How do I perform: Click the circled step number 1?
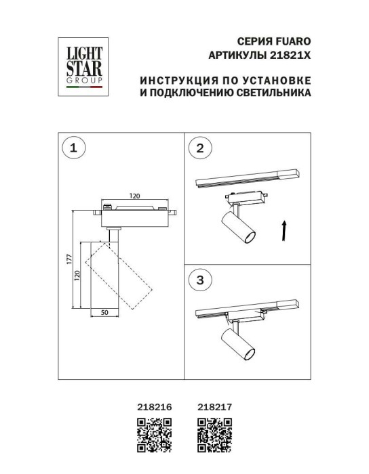tap(75, 147)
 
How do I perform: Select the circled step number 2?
tap(200, 150)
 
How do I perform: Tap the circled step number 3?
tap(200, 279)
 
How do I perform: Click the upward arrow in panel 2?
tap(283, 230)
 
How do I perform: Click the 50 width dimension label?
tap(105, 313)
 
